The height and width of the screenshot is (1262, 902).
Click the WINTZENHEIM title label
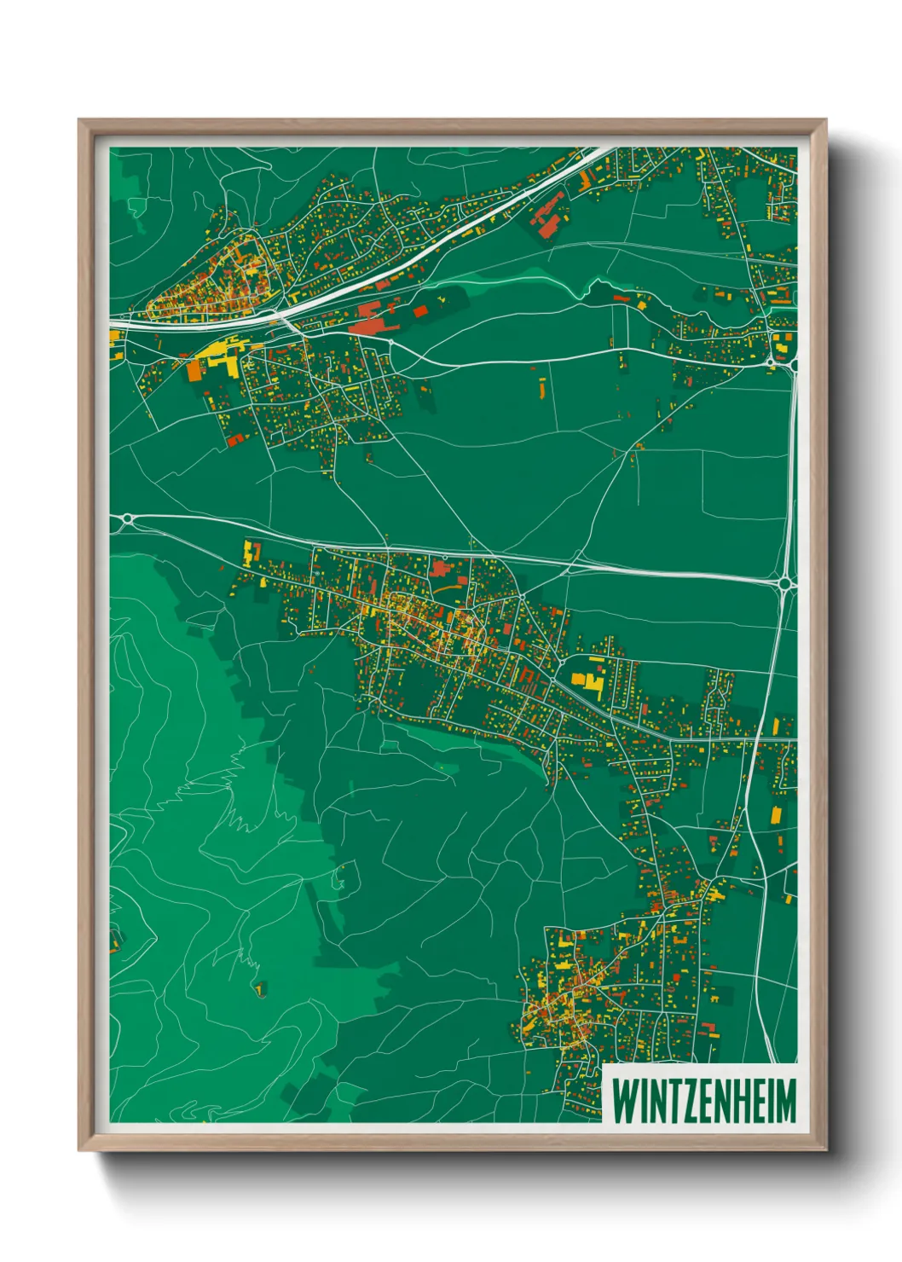[x=704, y=1101]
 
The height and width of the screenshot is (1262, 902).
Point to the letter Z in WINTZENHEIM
[x=688, y=1101]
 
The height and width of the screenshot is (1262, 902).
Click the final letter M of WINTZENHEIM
[x=786, y=1101]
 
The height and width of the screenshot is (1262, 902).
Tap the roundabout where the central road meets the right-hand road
[x=785, y=583]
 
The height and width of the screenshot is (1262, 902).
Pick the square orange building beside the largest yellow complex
[x=194, y=371]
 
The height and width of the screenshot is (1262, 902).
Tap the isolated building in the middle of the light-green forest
[x=260, y=989]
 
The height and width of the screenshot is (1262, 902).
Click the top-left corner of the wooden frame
[x=80, y=121]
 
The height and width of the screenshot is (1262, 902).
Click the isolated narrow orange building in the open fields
[x=542, y=389]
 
